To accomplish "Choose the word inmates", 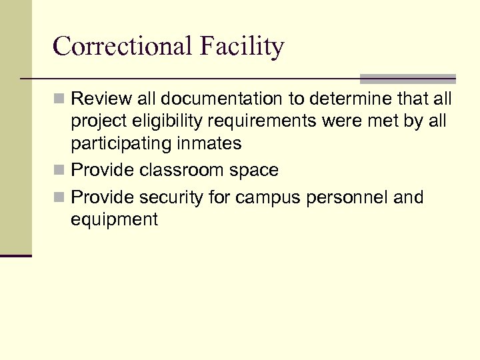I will point(214,143).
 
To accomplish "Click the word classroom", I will point(183,171).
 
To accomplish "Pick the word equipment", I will point(114,220).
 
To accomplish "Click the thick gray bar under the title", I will point(408,79).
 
